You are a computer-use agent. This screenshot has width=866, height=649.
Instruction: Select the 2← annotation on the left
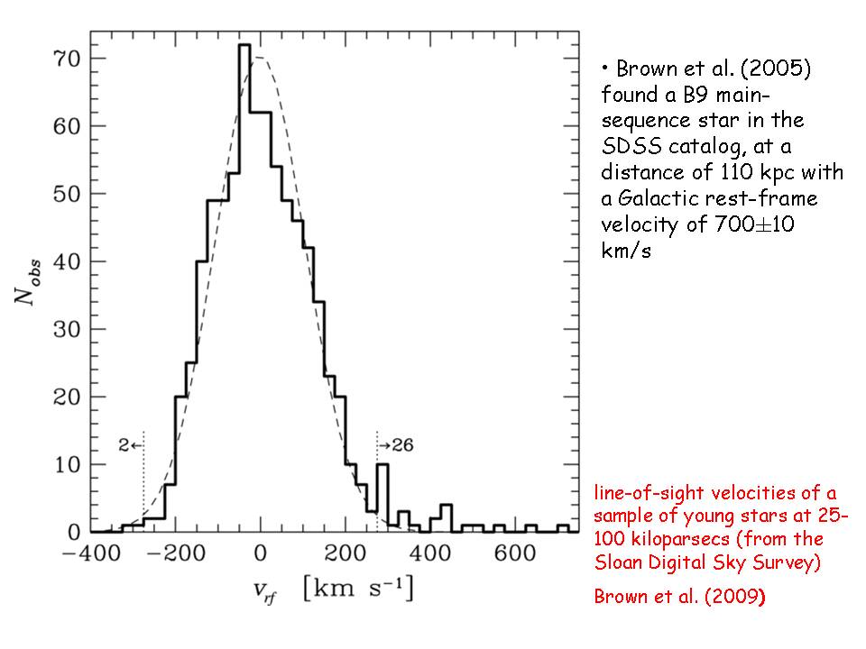click(129, 444)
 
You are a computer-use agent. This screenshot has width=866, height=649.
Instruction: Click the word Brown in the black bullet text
click(641, 70)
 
